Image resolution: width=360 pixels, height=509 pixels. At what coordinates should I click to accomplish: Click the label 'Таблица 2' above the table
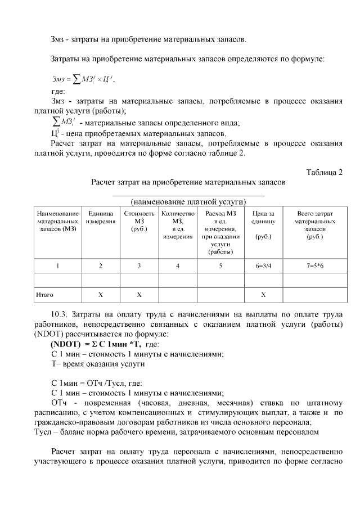coord(324,172)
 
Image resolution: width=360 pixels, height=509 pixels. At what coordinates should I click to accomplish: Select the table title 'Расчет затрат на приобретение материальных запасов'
coord(188,182)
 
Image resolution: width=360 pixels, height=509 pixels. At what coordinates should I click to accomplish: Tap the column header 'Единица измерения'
coord(101,218)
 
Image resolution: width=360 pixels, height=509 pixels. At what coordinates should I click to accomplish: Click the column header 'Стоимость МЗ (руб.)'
coord(139,222)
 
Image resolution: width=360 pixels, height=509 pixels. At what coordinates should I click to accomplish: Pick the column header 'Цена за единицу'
coord(263,218)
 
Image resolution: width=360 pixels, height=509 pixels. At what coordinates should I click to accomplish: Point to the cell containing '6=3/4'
coord(263,266)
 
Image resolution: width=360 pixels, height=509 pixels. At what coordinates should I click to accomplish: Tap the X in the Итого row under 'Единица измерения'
coord(101,294)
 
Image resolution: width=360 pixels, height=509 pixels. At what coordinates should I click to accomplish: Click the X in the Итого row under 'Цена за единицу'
coord(263,294)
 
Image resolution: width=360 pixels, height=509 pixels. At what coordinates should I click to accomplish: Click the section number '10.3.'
coord(61,313)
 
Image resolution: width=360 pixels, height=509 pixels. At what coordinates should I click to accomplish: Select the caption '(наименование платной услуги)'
coord(188,201)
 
